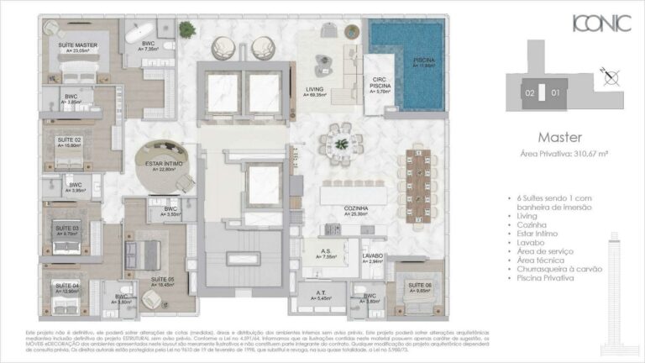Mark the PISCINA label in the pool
point(423,60)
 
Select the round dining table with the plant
point(341,139)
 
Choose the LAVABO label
point(372,255)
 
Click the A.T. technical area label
point(321,293)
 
